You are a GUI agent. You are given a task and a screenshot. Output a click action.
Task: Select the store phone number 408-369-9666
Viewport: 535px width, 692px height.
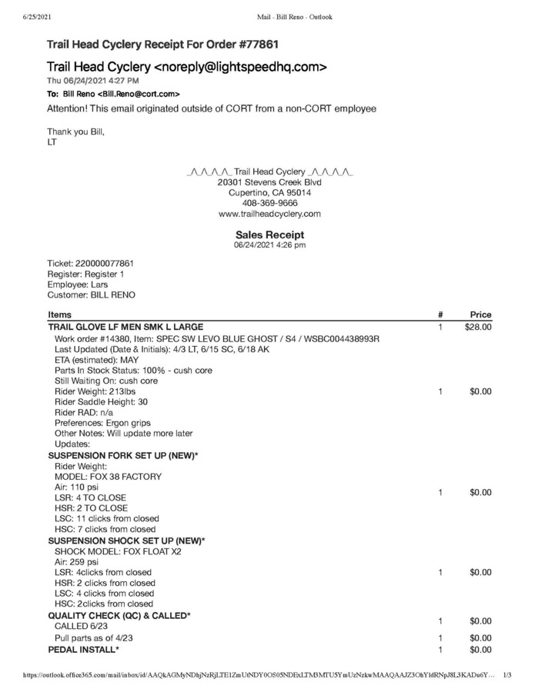pos(269,203)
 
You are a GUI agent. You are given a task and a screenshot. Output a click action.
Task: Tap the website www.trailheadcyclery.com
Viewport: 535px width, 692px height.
pos(269,214)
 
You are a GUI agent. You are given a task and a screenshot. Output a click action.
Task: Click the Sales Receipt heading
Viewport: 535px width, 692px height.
pos(269,235)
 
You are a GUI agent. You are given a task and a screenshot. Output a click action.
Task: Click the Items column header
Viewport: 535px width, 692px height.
pos(60,314)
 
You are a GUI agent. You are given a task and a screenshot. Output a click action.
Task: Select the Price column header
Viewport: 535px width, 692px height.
pos(480,314)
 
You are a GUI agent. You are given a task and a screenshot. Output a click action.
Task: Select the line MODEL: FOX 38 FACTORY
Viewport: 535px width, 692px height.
pos(108,477)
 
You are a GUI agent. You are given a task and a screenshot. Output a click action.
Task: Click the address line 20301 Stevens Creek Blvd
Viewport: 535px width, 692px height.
pos(269,182)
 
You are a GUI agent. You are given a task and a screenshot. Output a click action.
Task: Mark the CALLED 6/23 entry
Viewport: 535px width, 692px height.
pos(81,627)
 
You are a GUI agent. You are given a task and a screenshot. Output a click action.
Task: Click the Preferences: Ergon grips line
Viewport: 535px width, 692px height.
pos(102,423)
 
